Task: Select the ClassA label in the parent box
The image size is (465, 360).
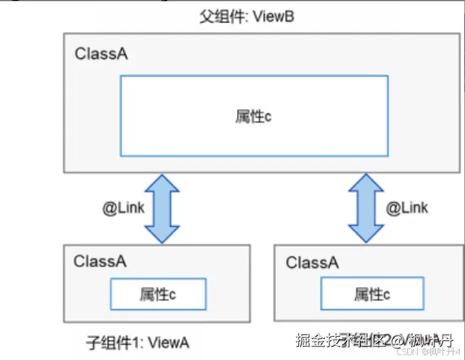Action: point(102,54)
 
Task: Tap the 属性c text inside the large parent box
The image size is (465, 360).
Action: point(253,116)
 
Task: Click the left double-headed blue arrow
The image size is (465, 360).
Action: point(162,209)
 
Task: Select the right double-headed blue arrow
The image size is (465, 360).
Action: point(366,209)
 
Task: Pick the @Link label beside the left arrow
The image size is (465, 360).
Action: point(123,208)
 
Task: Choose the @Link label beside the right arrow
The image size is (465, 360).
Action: point(407,208)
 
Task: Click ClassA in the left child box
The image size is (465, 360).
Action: point(100,261)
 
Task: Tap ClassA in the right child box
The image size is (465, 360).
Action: point(312,263)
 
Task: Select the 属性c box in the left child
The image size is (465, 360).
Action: point(158,294)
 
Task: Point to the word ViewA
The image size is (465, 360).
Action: point(169,343)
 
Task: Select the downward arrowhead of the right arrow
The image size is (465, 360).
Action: point(366,234)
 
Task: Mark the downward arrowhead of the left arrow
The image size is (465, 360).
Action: point(162,234)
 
